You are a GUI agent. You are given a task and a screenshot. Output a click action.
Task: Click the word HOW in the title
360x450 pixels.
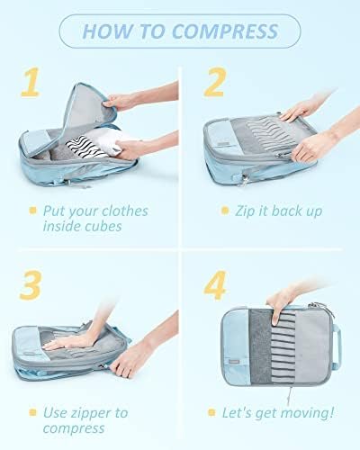(108, 32)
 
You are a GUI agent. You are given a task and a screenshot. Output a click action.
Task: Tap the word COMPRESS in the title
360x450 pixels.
(224, 32)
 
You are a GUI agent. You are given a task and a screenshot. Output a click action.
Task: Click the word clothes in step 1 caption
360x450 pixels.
(132, 211)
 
